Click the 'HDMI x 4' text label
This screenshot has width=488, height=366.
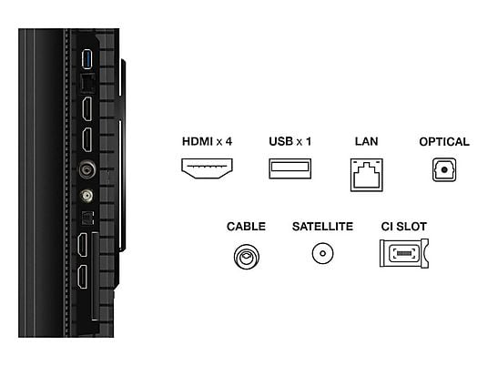click(207, 142)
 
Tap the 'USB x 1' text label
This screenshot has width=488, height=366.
click(290, 142)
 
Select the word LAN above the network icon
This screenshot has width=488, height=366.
click(366, 142)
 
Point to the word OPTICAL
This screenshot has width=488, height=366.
click(444, 142)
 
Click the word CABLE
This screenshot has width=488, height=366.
click(246, 227)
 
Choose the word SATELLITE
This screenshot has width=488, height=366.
click(322, 227)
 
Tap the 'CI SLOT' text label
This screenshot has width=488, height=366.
click(403, 227)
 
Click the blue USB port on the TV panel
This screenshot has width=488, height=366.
click(86, 59)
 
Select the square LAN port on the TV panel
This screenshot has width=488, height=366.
click(87, 84)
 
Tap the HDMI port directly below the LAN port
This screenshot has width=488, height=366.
click(87, 109)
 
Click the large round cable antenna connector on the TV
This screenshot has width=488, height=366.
click(86, 169)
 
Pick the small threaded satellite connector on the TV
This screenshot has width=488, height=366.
click(86, 196)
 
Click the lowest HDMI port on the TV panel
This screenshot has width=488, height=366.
click(83, 277)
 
